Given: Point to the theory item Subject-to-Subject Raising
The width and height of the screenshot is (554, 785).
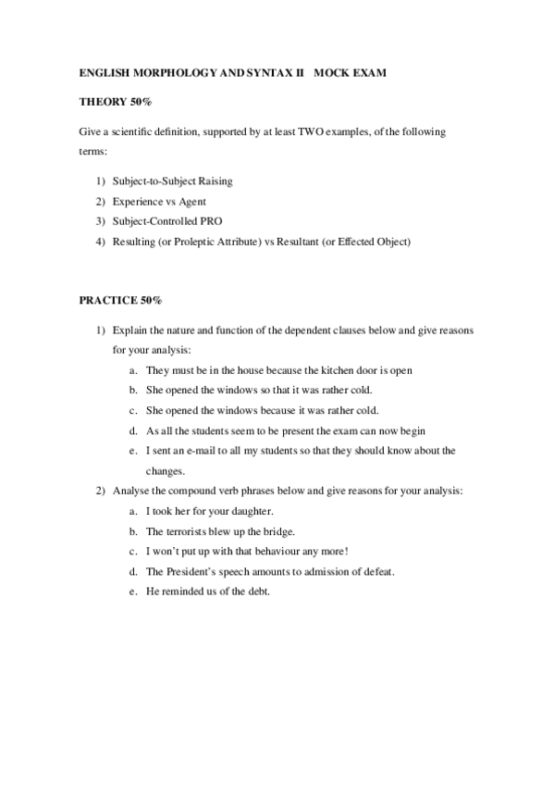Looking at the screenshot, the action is coord(172,181).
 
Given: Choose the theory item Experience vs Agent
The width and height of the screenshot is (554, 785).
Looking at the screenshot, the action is coord(159,201).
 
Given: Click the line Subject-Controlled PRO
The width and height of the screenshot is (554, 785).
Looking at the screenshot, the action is coord(167,221).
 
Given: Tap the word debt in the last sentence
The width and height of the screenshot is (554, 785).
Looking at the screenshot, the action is coord(256,592).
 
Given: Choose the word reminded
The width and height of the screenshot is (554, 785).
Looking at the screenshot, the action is coord(183,592).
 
